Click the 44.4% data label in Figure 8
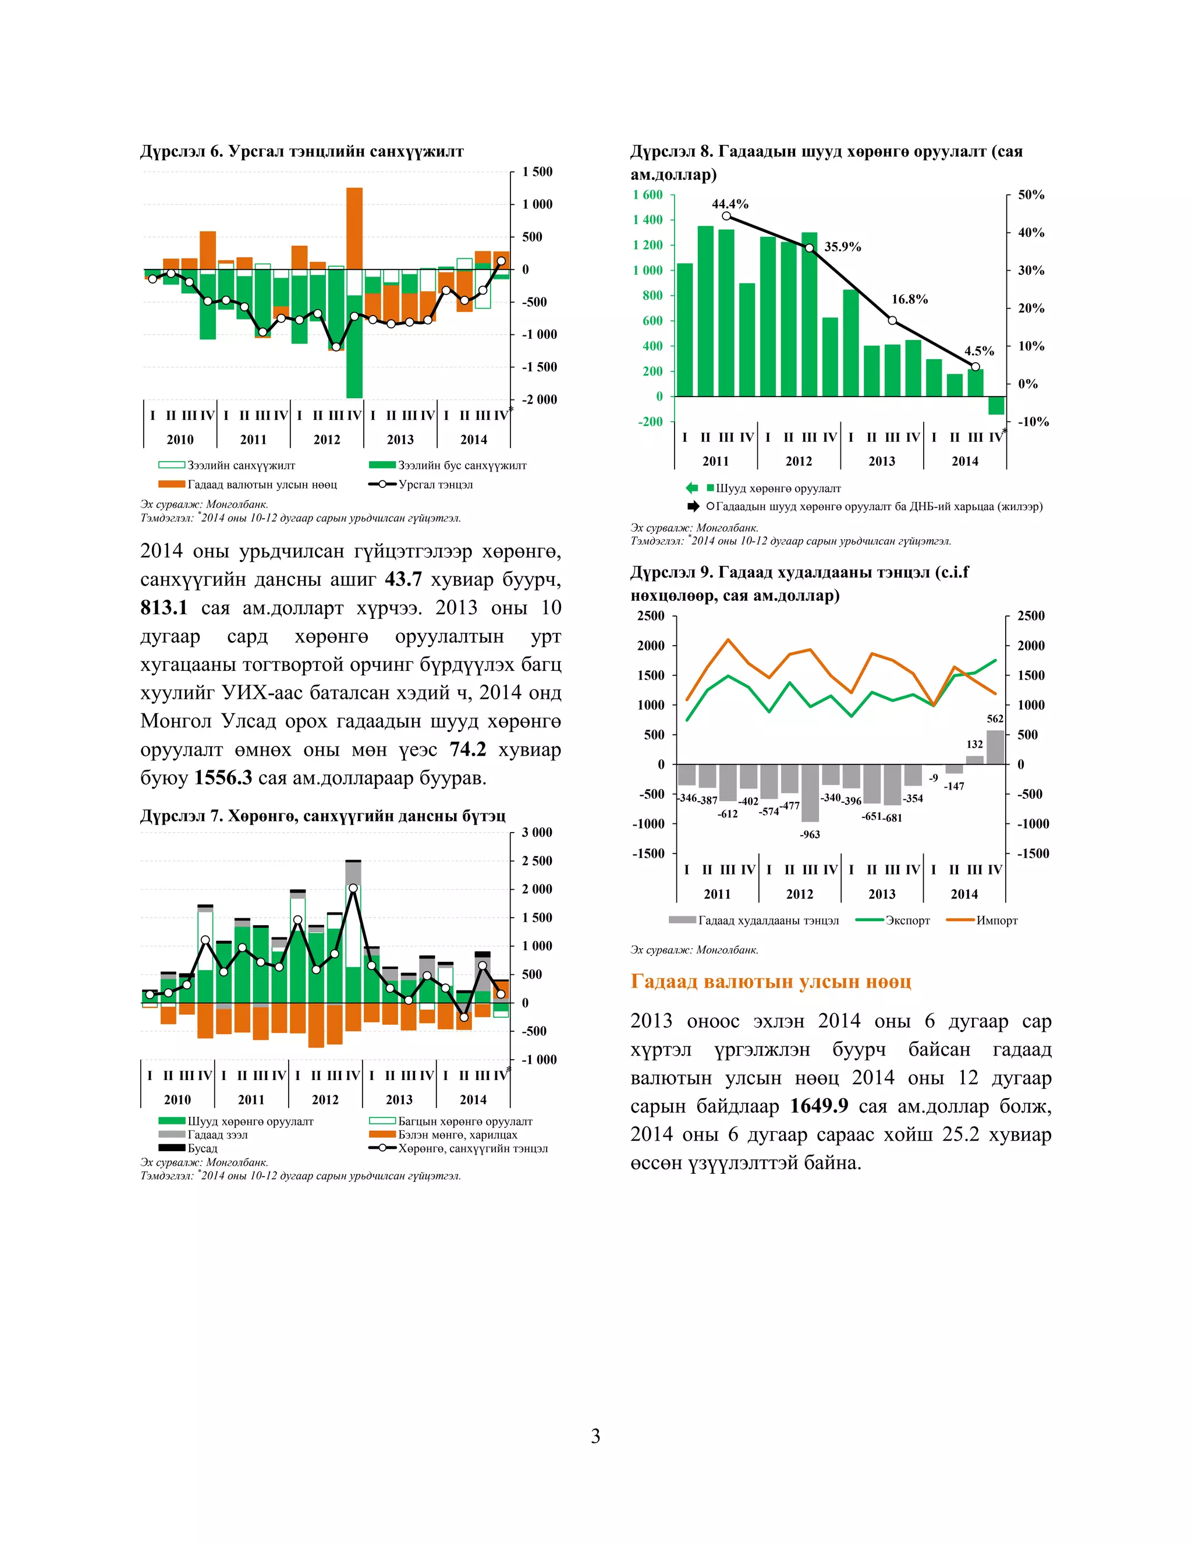729,204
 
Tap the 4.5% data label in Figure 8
979,351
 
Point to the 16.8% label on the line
909,299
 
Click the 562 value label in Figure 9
994,719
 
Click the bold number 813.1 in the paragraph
164,607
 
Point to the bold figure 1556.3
223,778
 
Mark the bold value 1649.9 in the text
818,1106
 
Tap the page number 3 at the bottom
595,1436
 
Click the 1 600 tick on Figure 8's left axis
648,195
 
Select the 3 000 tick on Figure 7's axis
537,832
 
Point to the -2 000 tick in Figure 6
539,400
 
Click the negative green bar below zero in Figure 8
996,405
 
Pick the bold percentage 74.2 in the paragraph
467,749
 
